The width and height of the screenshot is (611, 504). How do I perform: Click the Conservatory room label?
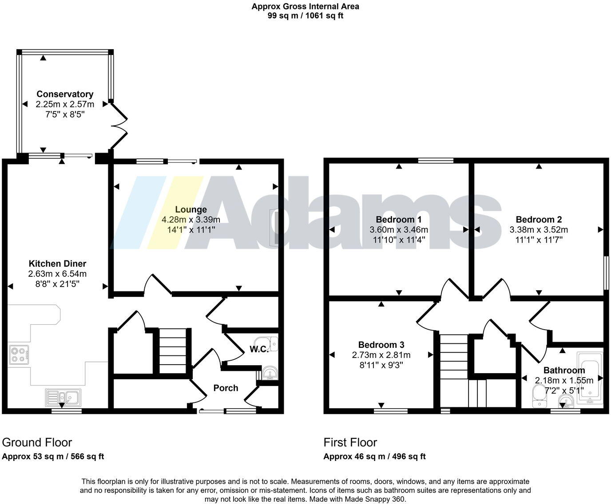(65, 94)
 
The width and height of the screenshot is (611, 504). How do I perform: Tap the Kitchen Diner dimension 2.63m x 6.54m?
(57, 274)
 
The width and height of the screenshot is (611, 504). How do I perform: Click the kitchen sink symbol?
(62, 397)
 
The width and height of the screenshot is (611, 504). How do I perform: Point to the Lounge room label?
(191, 209)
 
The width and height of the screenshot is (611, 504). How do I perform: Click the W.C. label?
(258, 349)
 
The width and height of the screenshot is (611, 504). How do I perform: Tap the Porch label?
(226, 388)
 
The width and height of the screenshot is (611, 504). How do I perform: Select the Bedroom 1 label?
(399, 220)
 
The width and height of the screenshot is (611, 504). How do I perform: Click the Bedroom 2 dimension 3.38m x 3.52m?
(539, 230)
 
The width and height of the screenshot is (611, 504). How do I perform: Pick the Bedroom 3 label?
(381, 345)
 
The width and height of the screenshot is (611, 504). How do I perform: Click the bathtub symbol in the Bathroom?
(590, 377)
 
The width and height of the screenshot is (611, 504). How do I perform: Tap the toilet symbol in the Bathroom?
(539, 396)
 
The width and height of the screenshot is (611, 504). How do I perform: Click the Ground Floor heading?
(37, 442)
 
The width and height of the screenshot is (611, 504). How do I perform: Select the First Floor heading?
(350, 442)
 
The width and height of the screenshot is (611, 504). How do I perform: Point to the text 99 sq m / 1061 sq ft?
(305, 16)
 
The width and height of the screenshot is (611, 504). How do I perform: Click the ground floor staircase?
(172, 350)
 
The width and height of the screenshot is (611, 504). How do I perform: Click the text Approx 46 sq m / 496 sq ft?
(374, 457)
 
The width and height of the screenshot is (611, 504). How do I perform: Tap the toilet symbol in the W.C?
(271, 343)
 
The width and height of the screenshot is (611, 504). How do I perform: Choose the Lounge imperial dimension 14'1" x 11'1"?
(191, 230)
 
